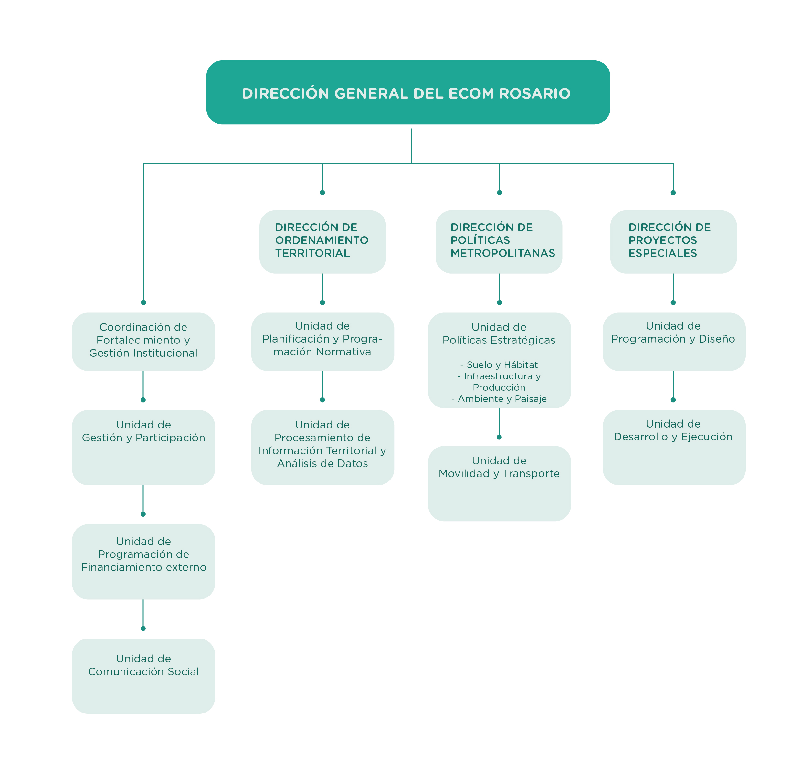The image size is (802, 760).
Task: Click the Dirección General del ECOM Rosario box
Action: pos(408,92)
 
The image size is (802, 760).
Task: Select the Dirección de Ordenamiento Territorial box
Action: pos(322,242)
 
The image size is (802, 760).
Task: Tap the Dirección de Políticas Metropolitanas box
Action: pos(499,242)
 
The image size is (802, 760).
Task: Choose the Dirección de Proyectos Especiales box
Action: pos(673,242)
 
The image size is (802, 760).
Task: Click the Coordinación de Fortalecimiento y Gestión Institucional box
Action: pos(143,341)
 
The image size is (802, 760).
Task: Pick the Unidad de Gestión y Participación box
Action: pos(143,447)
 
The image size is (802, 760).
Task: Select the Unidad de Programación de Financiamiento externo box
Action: pos(143,562)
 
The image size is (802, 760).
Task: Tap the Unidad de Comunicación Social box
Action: pos(143,676)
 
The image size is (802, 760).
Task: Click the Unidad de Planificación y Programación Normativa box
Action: pos(322,341)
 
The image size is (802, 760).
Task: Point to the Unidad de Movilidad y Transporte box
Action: pos(499,483)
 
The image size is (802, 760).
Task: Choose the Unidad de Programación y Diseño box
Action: pos(674,341)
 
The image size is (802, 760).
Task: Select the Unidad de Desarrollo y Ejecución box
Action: pos(674,447)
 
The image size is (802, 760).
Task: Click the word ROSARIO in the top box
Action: pos(535,94)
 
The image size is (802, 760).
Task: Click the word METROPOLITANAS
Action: pos(503,253)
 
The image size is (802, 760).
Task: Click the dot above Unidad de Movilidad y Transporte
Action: pos(499,437)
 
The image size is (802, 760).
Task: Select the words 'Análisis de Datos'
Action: pos(322,463)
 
